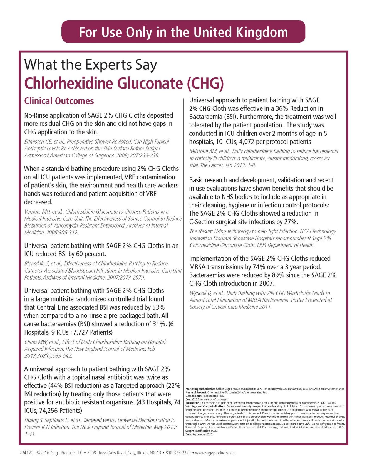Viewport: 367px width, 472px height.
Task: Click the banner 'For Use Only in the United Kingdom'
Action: [x=183, y=32]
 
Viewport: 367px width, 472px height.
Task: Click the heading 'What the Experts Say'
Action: [x=91, y=65]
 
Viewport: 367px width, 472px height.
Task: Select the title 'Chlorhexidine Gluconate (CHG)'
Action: [x=124, y=83]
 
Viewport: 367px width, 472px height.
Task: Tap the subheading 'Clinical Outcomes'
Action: [x=59, y=101]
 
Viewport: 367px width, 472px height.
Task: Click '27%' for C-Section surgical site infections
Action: [x=290, y=222]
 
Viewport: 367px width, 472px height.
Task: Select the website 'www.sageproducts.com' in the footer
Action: [x=215, y=453]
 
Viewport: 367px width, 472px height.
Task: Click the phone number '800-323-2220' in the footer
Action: [x=178, y=453]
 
